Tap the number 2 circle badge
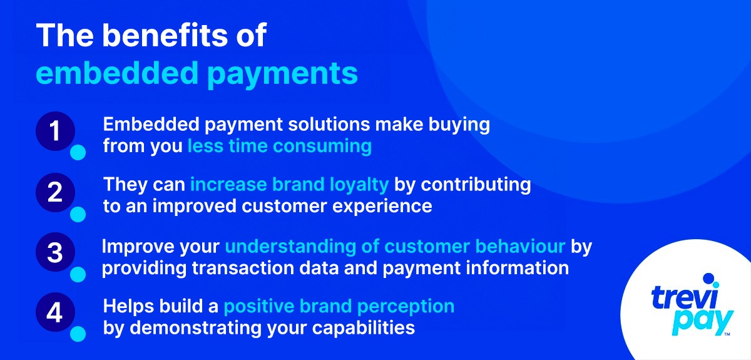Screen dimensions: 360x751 point(55,193)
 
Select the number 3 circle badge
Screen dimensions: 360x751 point(55,253)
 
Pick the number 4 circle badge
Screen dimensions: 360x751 point(55,312)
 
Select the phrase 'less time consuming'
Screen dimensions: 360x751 point(280,147)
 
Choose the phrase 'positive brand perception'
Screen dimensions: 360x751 point(339,307)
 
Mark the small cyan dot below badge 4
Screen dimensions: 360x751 point(78,334)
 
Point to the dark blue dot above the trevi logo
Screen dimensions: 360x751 point(708,278)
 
